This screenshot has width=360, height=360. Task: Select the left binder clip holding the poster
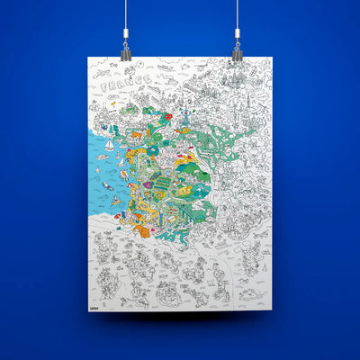coord(125,52)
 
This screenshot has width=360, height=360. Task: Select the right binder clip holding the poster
coord(237,52)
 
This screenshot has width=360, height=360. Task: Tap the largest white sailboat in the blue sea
coord(110,145)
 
